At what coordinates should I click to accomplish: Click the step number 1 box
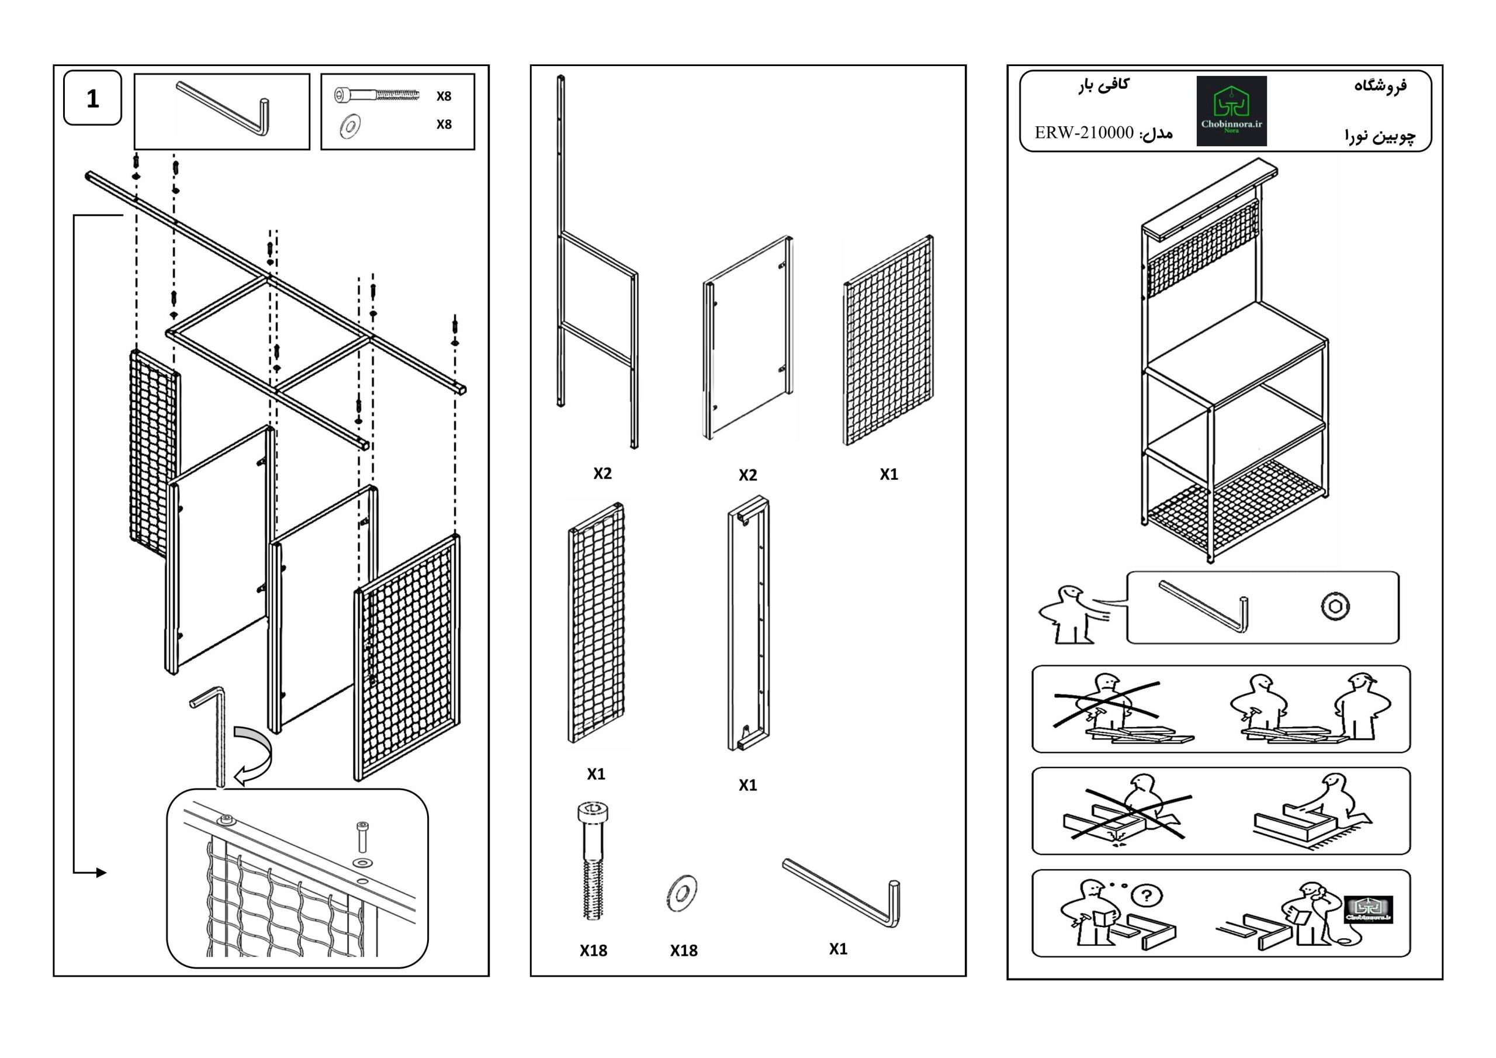pos(92,98)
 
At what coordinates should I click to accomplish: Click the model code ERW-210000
pos(1084,133)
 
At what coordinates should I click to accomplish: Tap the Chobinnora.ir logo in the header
pos(1231,111)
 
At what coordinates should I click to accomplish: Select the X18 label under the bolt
pos(593,950)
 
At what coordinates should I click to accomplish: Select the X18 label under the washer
pos(684,950)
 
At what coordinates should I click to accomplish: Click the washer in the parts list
pos(682,893)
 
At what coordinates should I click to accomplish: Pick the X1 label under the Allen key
pos(838,949)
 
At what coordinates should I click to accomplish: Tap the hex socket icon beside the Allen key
pos(1335,606)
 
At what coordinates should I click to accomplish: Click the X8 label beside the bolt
pos(444,96)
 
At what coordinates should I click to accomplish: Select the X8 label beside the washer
pos(444,125)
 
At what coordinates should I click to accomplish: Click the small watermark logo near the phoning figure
pos(1368,910)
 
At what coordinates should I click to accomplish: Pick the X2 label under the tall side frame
pos(602,473)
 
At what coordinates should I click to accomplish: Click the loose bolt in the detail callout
pos(362,836)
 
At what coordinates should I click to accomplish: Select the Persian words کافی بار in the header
pos(1104,85)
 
